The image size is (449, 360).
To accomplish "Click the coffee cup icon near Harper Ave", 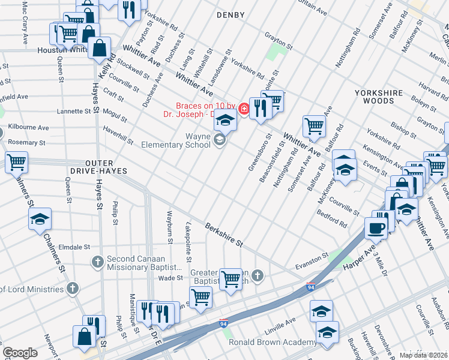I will click(x=376, y=228).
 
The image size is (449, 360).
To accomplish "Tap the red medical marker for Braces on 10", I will click(x=244, y=109).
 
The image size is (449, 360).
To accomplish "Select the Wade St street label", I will click(x=170, y=278).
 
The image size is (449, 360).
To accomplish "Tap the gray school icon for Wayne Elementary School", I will click(x=220, y=140).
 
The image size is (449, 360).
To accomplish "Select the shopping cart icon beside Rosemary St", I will click(x=16, y=161).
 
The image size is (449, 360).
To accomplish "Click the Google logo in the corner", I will click(x=20, y=353).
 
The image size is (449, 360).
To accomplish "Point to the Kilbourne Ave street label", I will click(x=28, y=128).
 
